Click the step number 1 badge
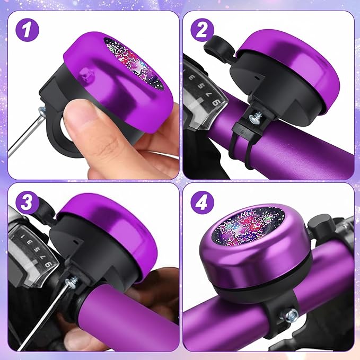[27, 31]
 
